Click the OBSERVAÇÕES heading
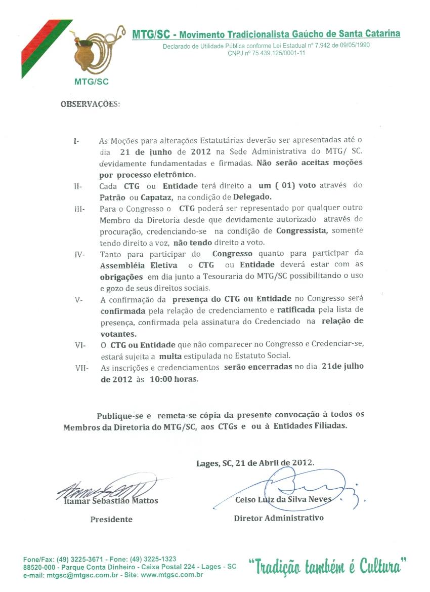point(91,104)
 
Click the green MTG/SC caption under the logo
point(91,81)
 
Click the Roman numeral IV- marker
point(79,254)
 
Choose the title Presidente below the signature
point(111,519)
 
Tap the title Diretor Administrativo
point(279,518)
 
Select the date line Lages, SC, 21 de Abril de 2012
point(255,463)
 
